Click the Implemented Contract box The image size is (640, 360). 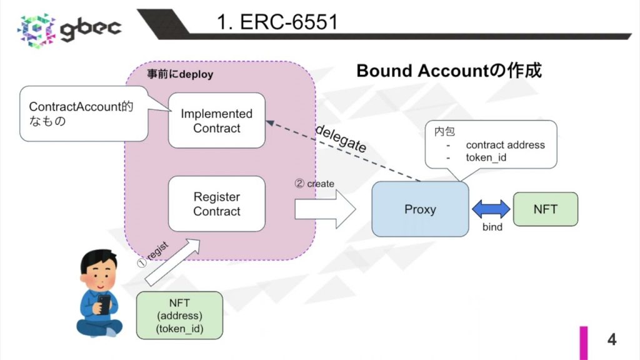point(216,121)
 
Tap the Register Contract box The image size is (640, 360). point(216,204)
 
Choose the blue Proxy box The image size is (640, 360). point(420,209)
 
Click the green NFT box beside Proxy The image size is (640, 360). point(545,209)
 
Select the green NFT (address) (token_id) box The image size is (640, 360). point(179,316)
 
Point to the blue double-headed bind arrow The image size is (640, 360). point(491,209)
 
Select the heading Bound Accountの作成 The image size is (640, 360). point(448,71)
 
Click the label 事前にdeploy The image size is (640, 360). point(179,74)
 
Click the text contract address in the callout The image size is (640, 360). point(505,145)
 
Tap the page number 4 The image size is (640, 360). point(611,339)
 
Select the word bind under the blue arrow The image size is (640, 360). point(492,227)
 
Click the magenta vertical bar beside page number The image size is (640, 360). point(583,342)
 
